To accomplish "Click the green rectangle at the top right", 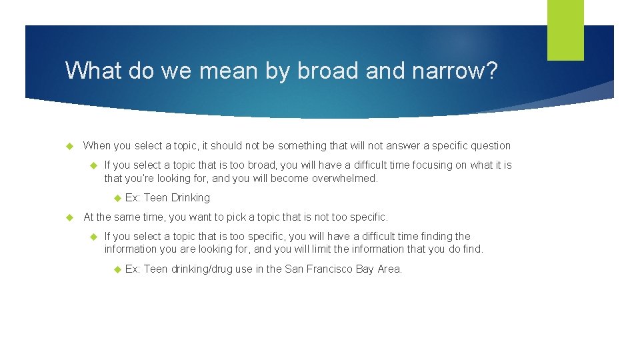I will (565, 30).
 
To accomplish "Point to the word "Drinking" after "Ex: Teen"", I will (190, 197).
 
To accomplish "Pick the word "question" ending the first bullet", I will (489, 145).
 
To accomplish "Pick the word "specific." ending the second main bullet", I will (366, 217).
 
